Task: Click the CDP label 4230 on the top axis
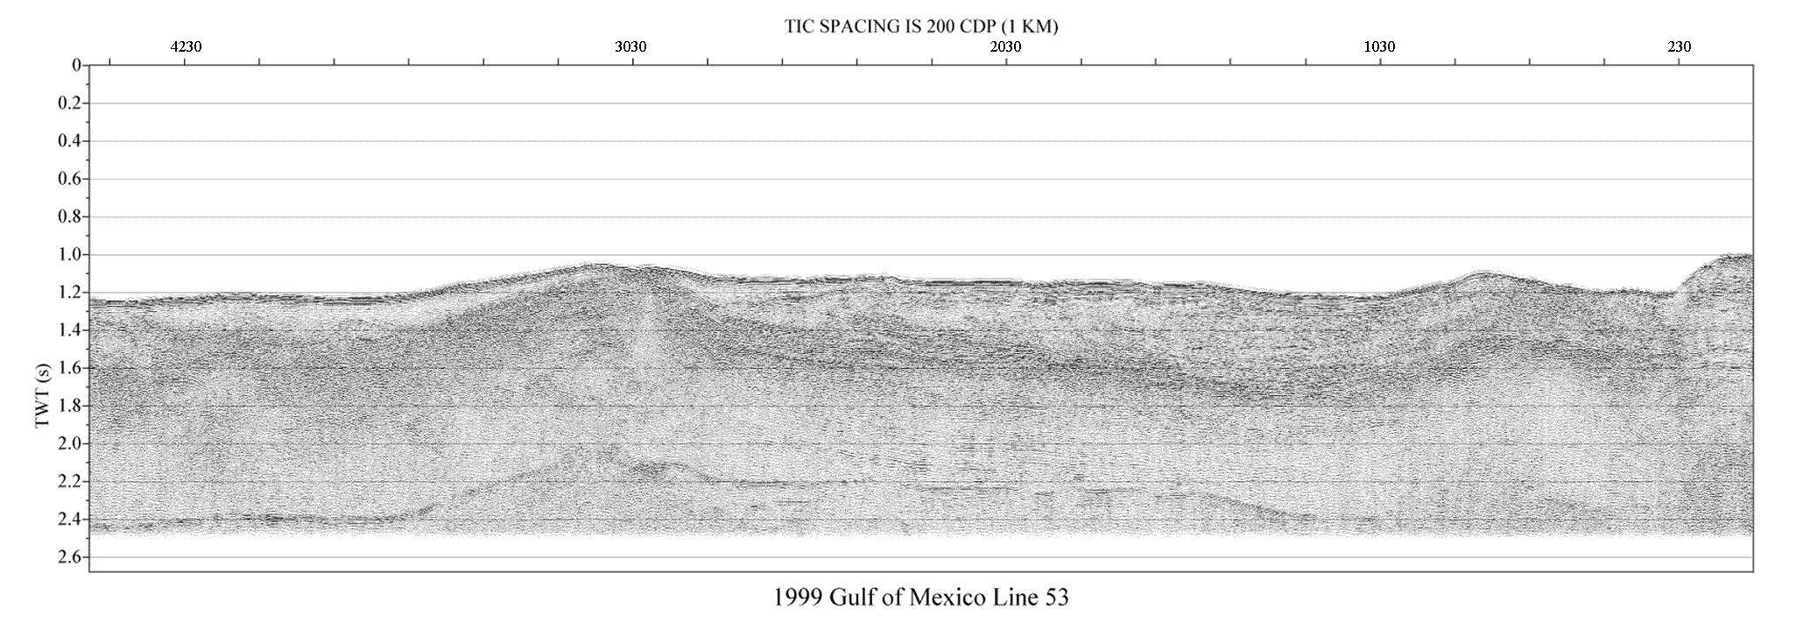click(x=186, y=47)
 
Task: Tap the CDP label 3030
click(x=630, y=47)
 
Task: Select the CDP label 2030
click(x=1005, y=47)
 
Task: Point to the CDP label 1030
click(x=1379, y=47)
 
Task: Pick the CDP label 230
click(x=1680, y=47)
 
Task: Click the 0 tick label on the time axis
click(x=76, y=66)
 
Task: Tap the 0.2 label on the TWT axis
click(x=69, y=103)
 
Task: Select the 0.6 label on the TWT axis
click(x=69, y=179)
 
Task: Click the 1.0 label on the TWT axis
click(x=69, y=255)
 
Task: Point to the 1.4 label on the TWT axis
click(x=69, y=330)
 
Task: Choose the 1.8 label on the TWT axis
click(x=69, y=406)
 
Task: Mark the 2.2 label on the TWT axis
click(x=69, y=482)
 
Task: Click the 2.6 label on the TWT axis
click(x=69, y=557)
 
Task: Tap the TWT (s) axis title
click(x=43, y=395)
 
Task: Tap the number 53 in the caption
click(x=1057, y=598)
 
